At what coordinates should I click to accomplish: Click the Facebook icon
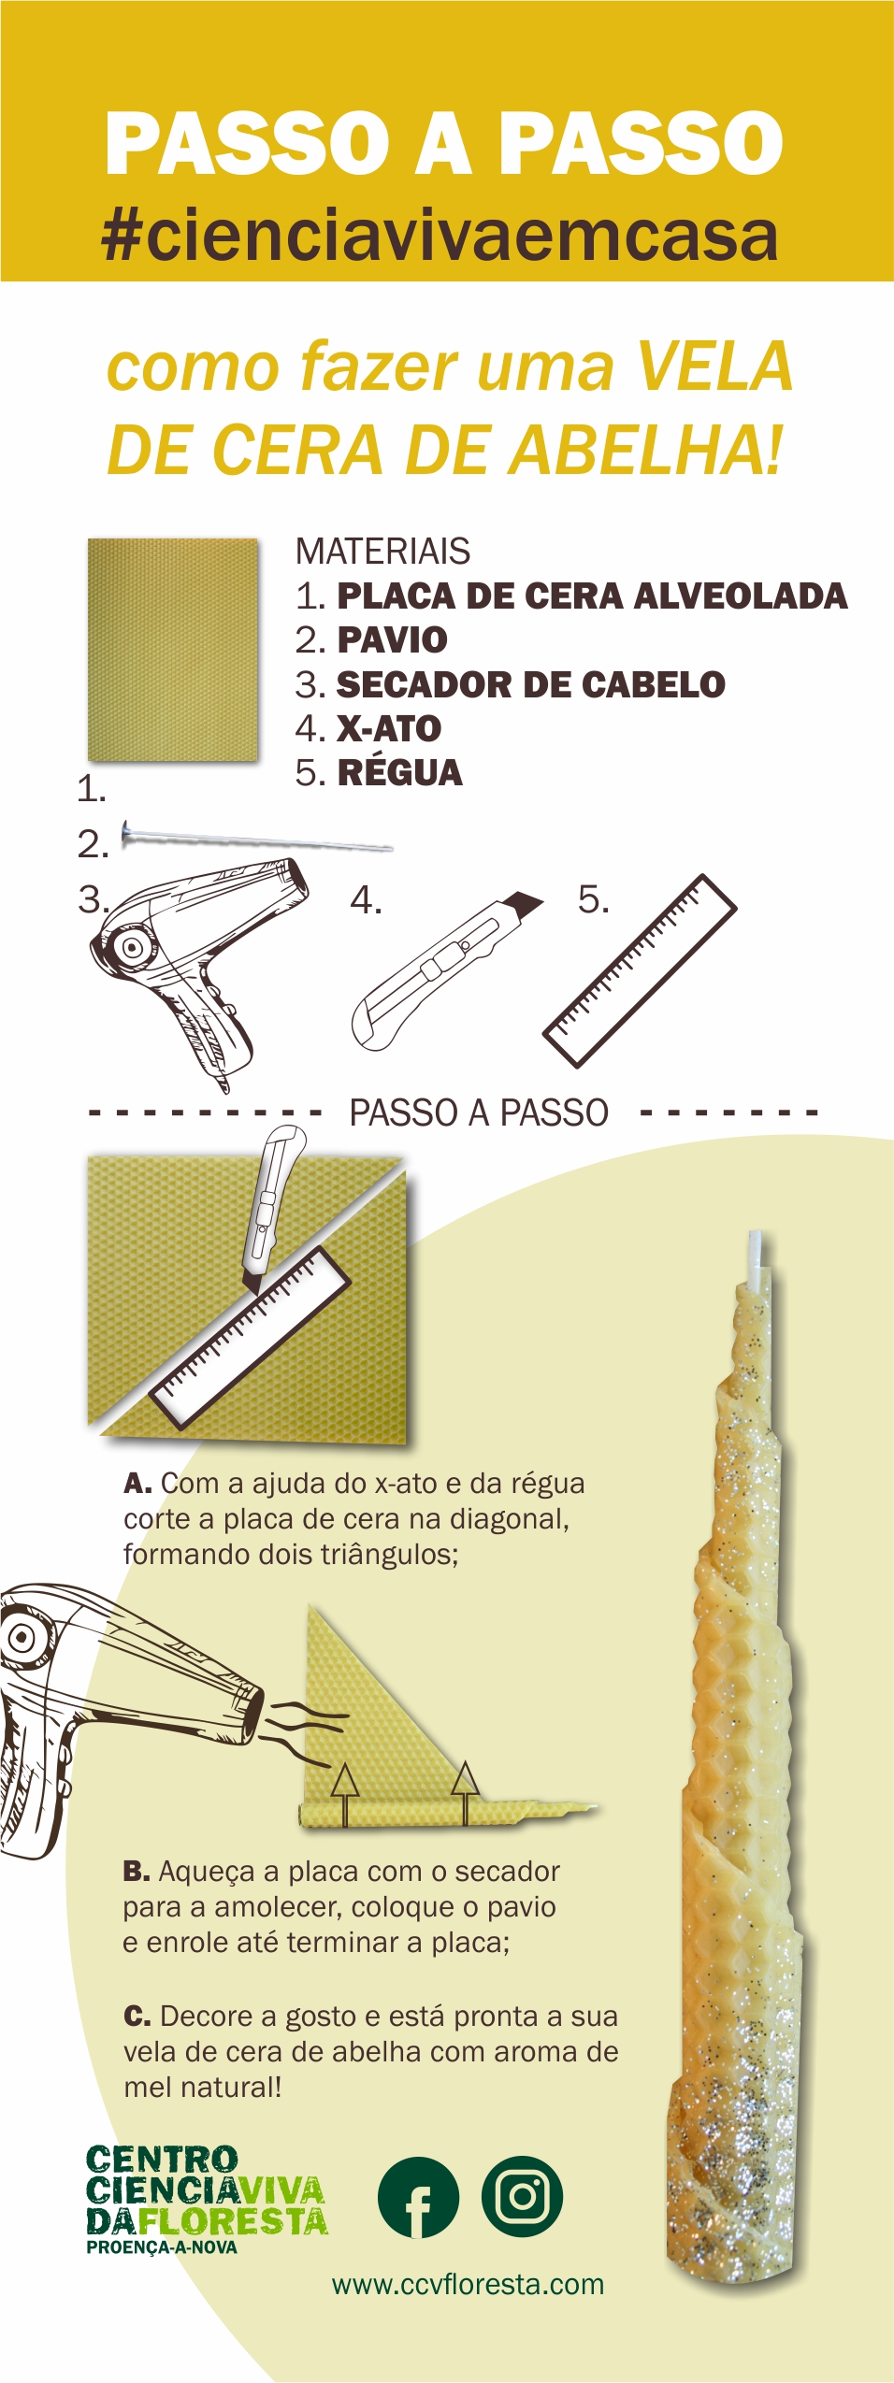[x=418, y=2197]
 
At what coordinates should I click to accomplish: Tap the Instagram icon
[x=522, y=2196]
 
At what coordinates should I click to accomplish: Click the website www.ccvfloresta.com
[x=468, y=2284]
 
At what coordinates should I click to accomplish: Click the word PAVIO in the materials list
[x=392, y=640]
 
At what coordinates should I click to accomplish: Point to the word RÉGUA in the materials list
[x=399, y=773]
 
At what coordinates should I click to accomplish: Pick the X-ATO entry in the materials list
[x=389, y=729]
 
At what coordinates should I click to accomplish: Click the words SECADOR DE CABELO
[x=530, y=684]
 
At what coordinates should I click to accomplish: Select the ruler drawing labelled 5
[x=641, y=970]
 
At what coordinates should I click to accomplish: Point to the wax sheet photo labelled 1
[x=173, y=649]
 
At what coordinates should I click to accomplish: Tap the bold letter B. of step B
[x=136, y=1872]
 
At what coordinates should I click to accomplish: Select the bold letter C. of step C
[x=137, y=2017]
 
